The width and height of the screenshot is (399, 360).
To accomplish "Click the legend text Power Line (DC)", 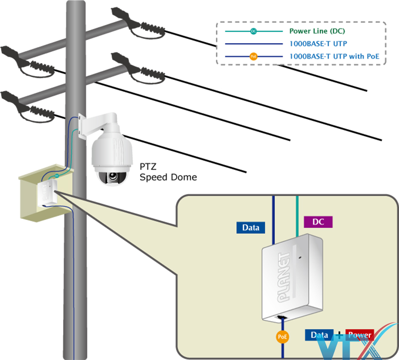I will click(317, 31).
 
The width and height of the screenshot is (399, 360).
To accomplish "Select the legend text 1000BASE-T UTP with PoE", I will click(334, 57).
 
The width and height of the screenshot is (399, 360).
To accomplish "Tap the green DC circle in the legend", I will click(253, 31).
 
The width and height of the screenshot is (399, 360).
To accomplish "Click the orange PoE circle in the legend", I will click(253, 57).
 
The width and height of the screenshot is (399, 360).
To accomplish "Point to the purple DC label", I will click(318, 222).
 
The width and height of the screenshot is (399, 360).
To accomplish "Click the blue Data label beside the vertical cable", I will click(251, 228).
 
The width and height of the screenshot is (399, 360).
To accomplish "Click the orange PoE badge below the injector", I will click(282, 337).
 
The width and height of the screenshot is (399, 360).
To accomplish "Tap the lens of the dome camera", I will click(113, 177).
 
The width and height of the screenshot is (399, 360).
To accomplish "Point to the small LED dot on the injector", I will click(300, 258).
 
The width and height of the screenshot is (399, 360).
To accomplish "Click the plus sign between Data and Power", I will click(340, 335).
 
